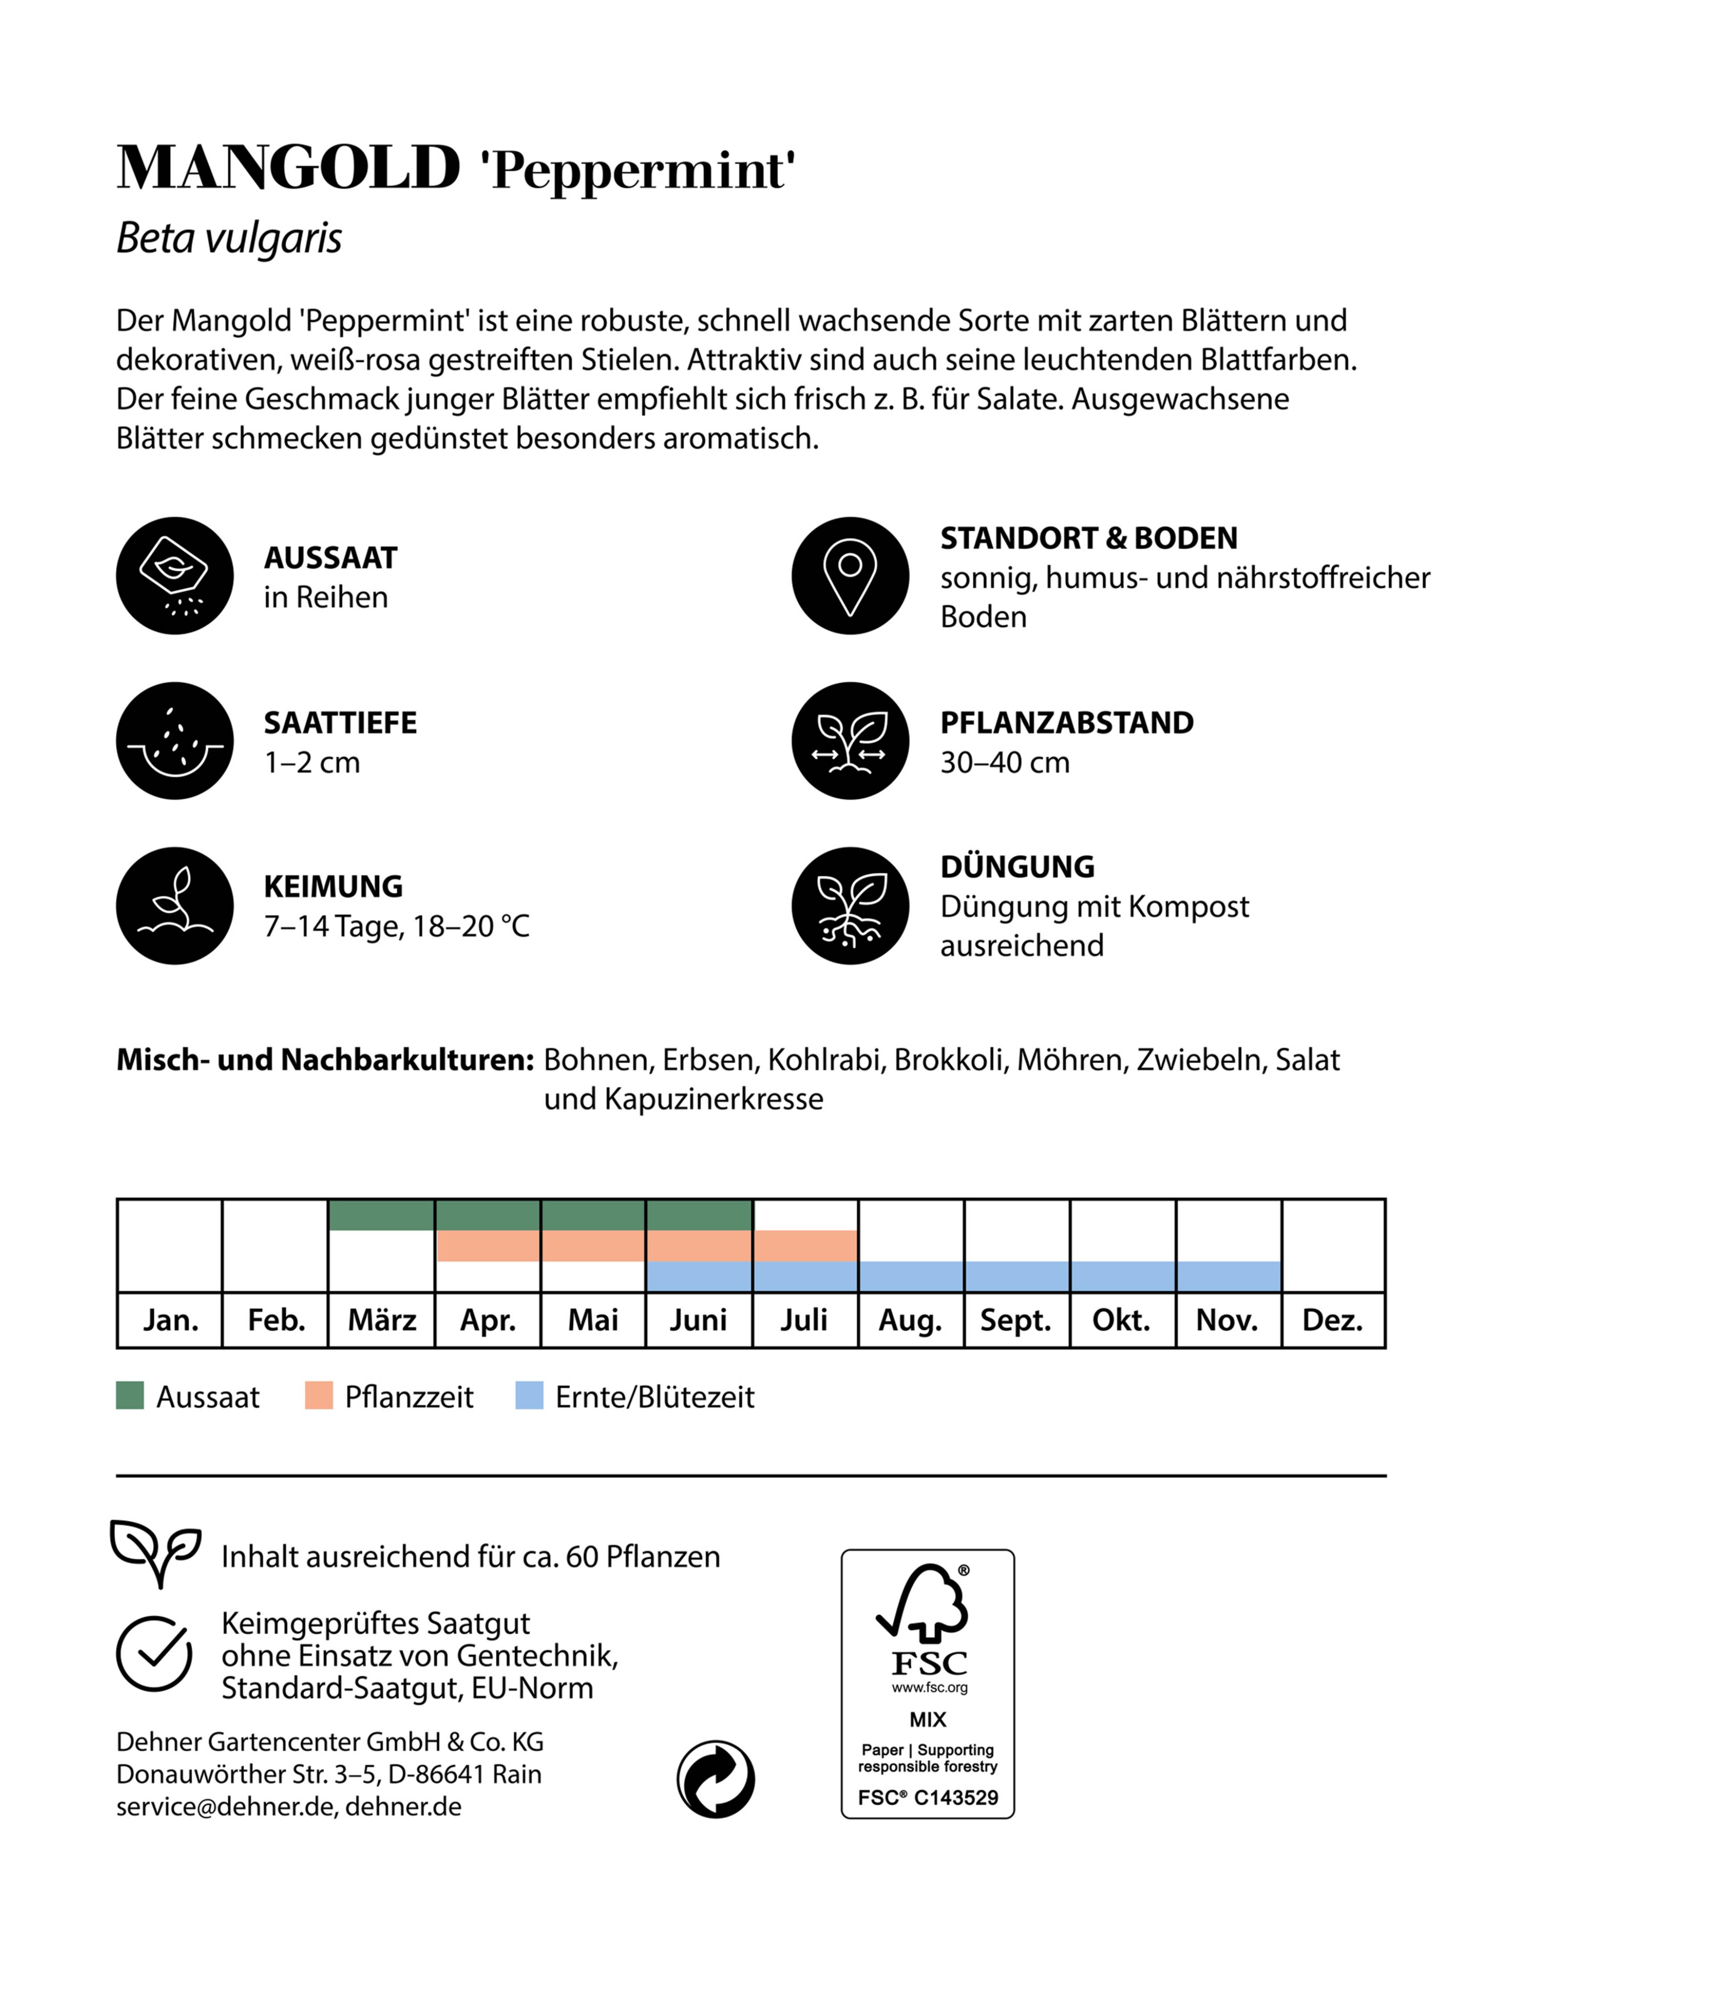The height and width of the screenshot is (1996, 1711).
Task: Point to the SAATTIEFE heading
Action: click(340, 723)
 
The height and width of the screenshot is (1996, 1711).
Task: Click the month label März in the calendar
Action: click(381, 1320)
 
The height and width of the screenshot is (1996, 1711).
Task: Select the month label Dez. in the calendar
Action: click(1332, 1320)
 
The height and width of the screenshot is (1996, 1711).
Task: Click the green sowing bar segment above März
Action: click(381, 1215)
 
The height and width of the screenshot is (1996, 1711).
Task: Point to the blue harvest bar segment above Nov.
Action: click(1228, 1276)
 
